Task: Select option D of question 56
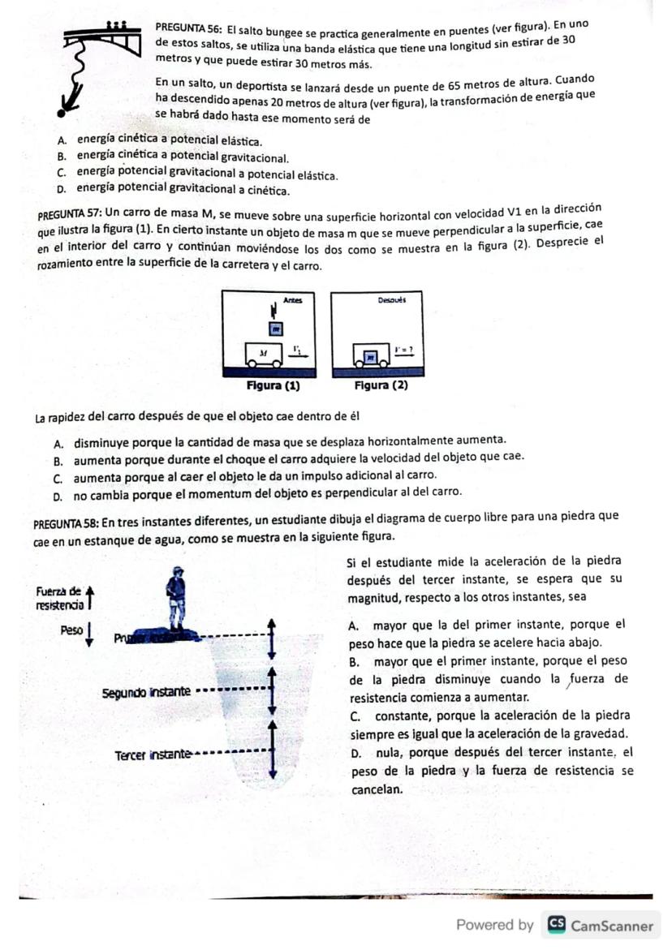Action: tap(62, 191)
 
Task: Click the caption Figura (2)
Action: tap(381, 385)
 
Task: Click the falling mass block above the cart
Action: tap(275, 329)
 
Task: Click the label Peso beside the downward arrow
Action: tap(71, 630)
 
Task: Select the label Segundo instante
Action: tap(147, 692)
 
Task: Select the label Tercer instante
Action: tap(152, 754)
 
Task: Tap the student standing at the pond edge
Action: tap(174, 597)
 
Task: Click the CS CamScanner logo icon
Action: tap(557, 925)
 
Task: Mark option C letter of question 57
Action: tap(58, 475)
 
